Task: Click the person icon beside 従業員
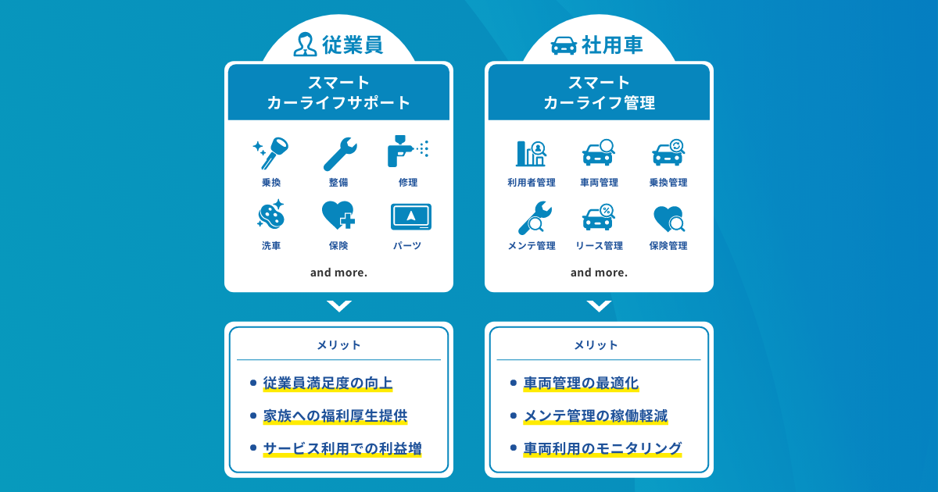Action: [x=305, y=45]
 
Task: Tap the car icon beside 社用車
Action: [x=564, y=45]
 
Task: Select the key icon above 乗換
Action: [x=271, y=153]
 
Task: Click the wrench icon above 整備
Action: [x=339, y=154]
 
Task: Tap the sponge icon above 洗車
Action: [x=271, y=216]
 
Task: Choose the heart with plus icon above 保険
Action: [x=339, y=216]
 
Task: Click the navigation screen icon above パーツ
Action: [x=410, y=217]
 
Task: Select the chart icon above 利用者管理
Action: [x=531, y=153]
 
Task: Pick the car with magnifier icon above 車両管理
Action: [x=599, y=153]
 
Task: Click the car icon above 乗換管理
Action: [x=668, y=153]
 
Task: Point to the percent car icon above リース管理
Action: [x=599, y=217]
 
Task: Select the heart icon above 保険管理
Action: [x=668, y=218]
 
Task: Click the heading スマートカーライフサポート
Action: [x=338, y=93]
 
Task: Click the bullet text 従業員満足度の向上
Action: [x=328, y=383]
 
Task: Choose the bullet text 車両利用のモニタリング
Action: [x=603, y=448]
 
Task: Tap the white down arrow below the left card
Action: [x=338, y=306]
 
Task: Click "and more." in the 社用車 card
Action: [x=599, y=273]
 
